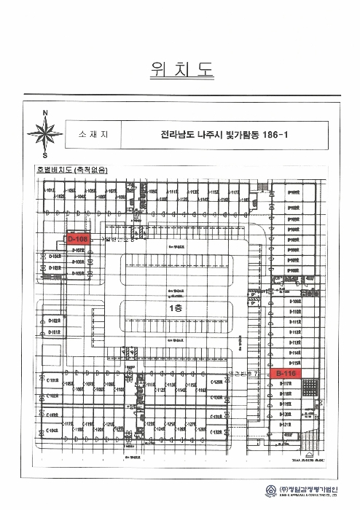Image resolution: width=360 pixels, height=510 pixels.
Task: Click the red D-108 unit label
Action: pyautogui.click(x=77, y=238)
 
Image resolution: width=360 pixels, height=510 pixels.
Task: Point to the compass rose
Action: pyautogui.click(x=45, y=133)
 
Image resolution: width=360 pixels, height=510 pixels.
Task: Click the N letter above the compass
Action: pyautogui.click(x=45, y=113)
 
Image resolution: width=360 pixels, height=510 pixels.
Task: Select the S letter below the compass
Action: pyautogui.click(x=45, y=155)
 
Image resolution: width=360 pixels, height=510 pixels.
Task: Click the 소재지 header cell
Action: pyautogui.click(x=93, y=134)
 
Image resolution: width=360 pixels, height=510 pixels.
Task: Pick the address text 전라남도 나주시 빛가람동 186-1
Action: pyautogui.click(x=214, y=134)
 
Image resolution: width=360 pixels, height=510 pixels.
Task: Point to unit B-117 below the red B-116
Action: pyautogui.click(x=286, y=382)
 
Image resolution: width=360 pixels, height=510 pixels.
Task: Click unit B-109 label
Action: pyautogui.click(x=295, y=300)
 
